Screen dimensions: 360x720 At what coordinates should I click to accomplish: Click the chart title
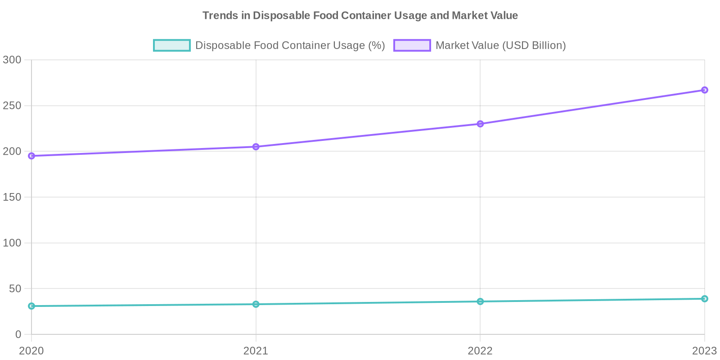[360, 16]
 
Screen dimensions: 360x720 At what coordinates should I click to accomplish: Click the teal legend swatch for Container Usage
[171, 45]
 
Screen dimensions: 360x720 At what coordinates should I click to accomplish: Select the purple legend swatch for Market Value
[412, 45]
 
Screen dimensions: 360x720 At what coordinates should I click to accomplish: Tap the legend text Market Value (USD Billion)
[500, 45]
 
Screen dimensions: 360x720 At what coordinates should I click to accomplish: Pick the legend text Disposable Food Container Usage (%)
[290, 45]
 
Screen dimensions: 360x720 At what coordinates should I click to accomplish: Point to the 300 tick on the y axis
[12, 60]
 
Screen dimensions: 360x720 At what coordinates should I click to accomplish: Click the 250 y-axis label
[12, 106]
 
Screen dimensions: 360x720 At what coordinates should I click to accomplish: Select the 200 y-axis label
[12, 151]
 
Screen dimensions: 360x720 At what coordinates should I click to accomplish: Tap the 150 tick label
[12, 197]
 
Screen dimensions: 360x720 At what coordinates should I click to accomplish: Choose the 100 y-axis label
[12, 243]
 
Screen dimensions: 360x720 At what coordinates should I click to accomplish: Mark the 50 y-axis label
[15, 288]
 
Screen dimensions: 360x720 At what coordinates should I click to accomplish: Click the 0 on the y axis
[18, 334]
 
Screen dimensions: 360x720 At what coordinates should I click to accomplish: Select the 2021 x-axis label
[256, 351]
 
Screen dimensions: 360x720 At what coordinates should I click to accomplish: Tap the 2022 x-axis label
[480, 351]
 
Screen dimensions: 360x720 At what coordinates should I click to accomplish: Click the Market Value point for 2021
[256, 147]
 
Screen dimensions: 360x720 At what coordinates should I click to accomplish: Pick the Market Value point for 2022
[480, 124]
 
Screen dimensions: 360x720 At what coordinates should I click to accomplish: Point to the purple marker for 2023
[705, 90]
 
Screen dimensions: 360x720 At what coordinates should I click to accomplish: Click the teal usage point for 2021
[256, 304]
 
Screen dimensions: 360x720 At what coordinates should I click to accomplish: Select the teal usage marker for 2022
[480, 301]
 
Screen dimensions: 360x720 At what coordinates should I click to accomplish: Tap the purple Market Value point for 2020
[31, 156]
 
